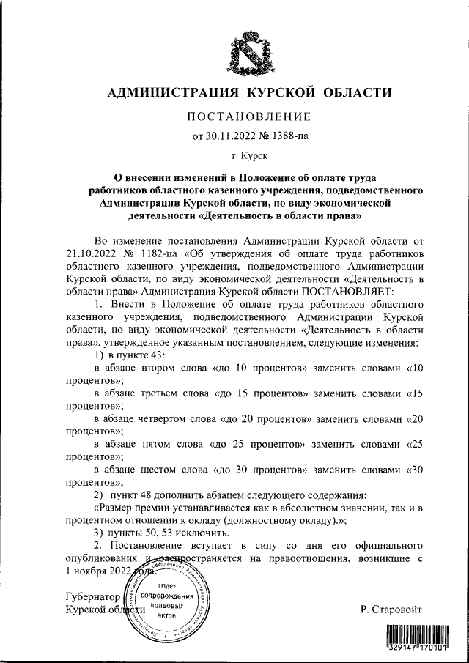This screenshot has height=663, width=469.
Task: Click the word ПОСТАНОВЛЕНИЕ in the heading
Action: click(x=249, y=116)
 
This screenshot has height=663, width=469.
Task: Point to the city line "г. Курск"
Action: click(x=249, y=156)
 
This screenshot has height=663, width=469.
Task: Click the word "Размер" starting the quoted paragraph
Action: click(x=117, y=507)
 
